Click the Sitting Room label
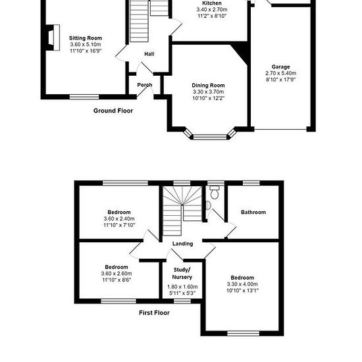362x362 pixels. pyautogui.click(x=86, y=38)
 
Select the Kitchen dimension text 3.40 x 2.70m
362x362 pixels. pyautogui.click(x=212, y=9)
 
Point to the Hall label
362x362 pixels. pyautogui.click(x=149, y=54)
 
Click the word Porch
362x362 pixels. pyautogui.click(x=145, y=85)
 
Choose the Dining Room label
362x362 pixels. pyautogui.click(x=208, y=86)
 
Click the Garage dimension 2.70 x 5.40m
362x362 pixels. pyautogui.click(x=281, y=73)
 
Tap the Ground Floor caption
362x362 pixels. pyautogui.click(x=113, y=111)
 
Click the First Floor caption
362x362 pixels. pyautogui.click(x=154, y=313)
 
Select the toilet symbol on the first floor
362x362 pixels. pyautogui.click(x=215, y=192)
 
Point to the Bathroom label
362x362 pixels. pyautogui.click(x=253, y=212)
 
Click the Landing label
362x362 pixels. pyautogui.click(x=182, y=244)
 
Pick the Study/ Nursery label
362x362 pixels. pyautogui.click(x=182, y=273)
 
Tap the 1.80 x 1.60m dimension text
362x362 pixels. pyautogui.click(x=182, y=287)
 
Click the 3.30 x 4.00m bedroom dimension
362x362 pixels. pyautogui.click(x=242, y=284)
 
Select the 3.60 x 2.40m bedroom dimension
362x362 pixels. pyautogui.click(x=119, y=219)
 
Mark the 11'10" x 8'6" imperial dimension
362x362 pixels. pyautogui.click(x=116, y=280)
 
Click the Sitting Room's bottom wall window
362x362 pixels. pyautogui.click(x=84, y=97)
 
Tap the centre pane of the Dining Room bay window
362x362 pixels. pyautogui.click(x=210, y=137)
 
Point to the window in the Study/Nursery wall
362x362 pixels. pyautogui.click(x=182, y=301)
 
